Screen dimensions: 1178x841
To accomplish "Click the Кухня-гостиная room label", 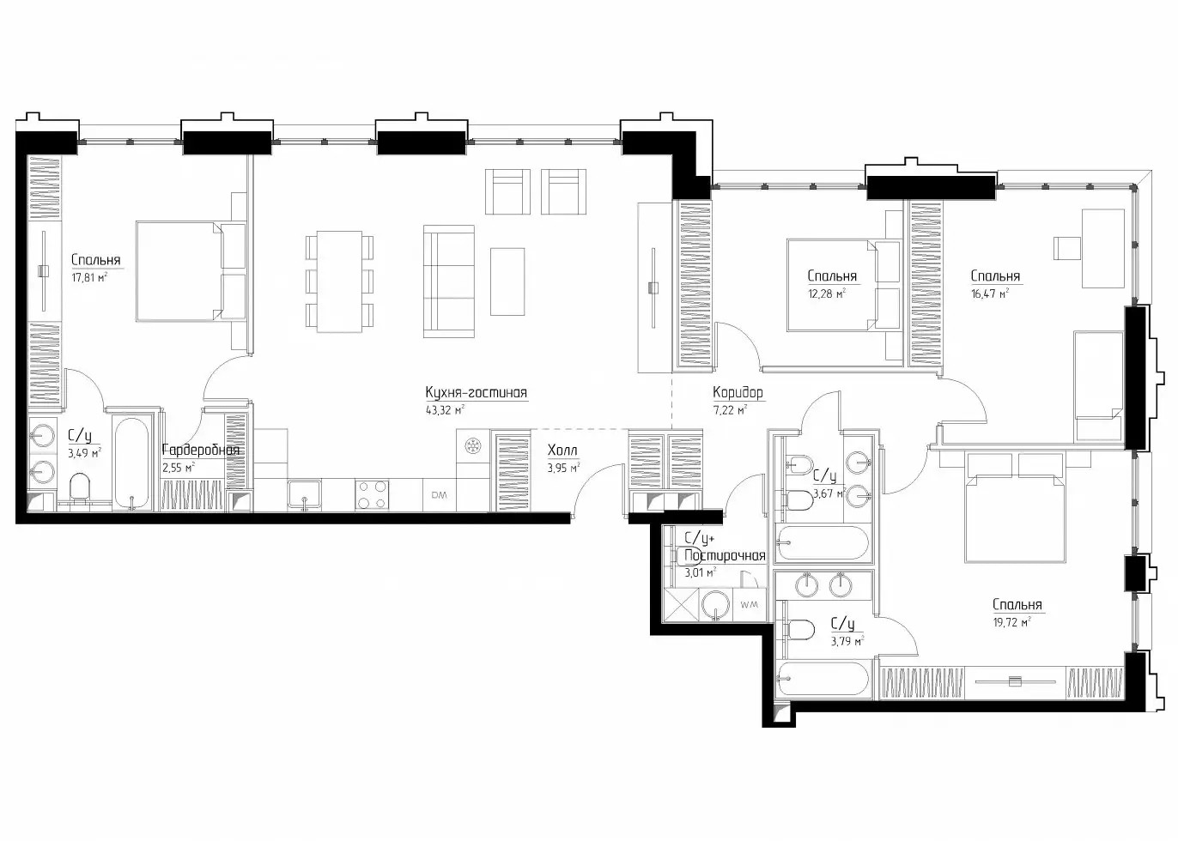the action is [x=476, y=393].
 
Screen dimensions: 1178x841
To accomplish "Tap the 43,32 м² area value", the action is [x=445, y=410].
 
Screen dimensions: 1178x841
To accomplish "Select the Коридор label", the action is [x=738, y=393].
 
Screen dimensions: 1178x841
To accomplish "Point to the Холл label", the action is [x=562, y=451].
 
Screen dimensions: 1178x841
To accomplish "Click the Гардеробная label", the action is [x=201, y=451].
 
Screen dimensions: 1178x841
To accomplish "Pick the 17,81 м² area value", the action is [x=89, y=277].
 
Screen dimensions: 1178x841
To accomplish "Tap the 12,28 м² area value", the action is [x=827, y=293].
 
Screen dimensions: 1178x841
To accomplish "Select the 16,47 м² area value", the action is [x=990, y=293].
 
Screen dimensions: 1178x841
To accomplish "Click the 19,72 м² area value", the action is [x=1011, y=622].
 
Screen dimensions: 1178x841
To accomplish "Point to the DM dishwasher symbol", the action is [x=439, y=495].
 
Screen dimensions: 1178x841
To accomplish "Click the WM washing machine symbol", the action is [x=750, y=604].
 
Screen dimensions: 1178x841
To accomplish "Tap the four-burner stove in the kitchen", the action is [x=373, y=494].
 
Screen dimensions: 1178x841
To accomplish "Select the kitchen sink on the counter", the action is [x=305, y=494].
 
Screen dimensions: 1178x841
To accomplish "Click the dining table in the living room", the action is [x=339, y=281].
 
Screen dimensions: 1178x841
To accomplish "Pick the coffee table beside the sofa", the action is [x=507, y=281].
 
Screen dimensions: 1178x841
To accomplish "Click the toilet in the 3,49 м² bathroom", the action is [x=80, y=489].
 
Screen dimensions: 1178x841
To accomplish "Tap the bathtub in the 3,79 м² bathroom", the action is [x=823, y=681].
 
